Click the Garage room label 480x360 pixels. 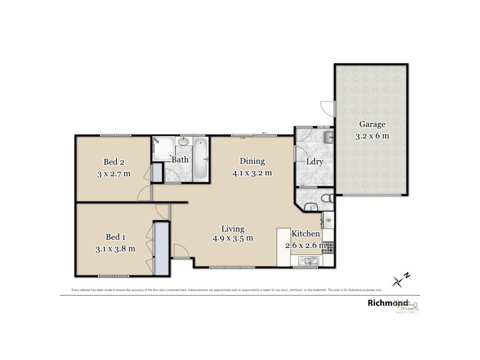pyautogui.click(x=372, y=125)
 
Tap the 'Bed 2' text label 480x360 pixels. pyautogui.click(x=113, y=161)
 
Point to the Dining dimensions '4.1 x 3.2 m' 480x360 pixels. pyautogui.click(x=252, y=173)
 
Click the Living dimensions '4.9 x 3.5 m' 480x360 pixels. pyautogui.click(x=232, y=238)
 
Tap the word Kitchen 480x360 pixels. pyautogui.click(x=306, y=233)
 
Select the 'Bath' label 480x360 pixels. pyautogui.click(x=180, y=160)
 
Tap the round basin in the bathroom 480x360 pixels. pyautogui.click(x=183, y=143)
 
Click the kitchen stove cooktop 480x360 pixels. pyautogui.click(x=329, y=245)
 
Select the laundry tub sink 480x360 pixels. pyautogui.click(x=326, y=139)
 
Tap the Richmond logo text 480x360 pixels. pyautogui.click(x=388, y=303)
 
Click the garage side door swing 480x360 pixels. pyautogui.click(x=326, y=109)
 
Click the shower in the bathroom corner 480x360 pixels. pyautogui.click(x=159, y=148)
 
